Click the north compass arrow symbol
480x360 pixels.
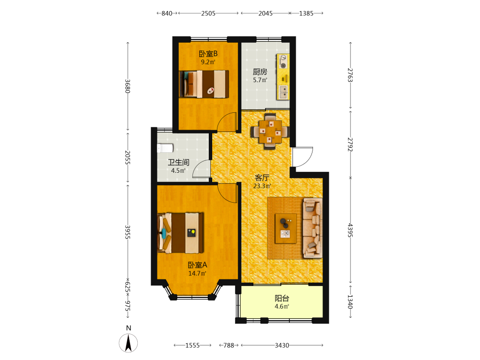click(x=128, y=343)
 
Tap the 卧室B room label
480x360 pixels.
click(x=208, y=54)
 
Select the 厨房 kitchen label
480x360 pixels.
click(x=260, y=72)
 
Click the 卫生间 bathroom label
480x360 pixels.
click(x=179, y=162)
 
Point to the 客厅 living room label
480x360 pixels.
click(x=262, y=178)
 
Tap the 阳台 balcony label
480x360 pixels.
click(x=282, y=298)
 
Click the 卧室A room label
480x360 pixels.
click(x=197, y=265)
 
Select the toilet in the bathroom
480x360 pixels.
click(x=165, y=148)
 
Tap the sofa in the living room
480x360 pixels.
click(x=312, y=228)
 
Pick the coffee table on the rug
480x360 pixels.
click(x=286, y=228)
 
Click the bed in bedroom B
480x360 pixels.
click(x=204, y=84)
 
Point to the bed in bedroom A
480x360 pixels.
click(x=180, y=233)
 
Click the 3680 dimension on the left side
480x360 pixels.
click(x=128, y=86)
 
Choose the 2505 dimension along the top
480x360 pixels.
click(x=208, y=13)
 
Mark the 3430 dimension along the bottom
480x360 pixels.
click(x=282, y=345)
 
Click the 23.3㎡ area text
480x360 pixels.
click(x=262, y=186)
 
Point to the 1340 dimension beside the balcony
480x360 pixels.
click(x=350, y=301)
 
